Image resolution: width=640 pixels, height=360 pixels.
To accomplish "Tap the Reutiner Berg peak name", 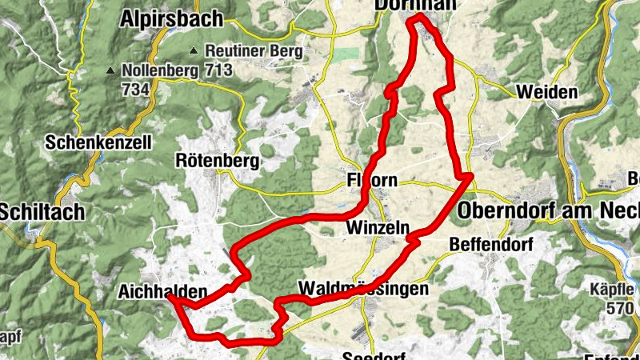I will [254, 51].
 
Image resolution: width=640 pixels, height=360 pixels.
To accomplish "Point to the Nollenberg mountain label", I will [160, 70].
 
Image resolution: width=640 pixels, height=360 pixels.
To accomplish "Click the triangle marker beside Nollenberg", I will [110, 70].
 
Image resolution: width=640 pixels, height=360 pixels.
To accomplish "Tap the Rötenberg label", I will [218, 161].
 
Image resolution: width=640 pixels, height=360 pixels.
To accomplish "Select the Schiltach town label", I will [42, 211].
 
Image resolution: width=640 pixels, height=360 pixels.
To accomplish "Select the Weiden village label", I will [547, 92].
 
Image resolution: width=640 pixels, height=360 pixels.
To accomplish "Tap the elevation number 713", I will [218, 70].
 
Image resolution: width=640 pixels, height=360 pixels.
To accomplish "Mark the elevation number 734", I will [136, 90].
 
